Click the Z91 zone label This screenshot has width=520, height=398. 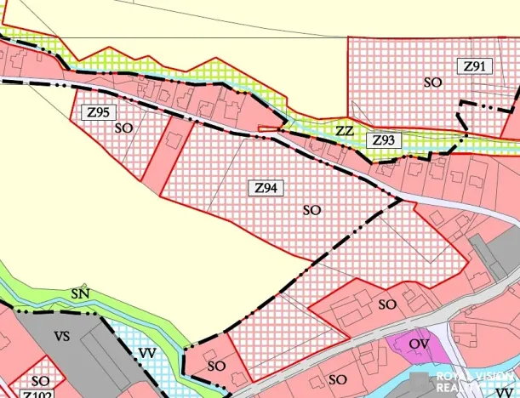[x=473, y=65]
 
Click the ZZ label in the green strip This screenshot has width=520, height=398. [x=344, y=131]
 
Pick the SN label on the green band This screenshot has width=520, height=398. [x=81, y=294]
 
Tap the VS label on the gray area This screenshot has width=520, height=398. [x=61, y=336]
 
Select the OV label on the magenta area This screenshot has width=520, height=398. [x=418, y=344]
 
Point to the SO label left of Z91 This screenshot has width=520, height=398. [x=432, y=82]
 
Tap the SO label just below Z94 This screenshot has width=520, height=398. [x=311, y=208]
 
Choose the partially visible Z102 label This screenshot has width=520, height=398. [x=38, y=394]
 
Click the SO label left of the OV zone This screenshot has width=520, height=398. [x=388, y=304]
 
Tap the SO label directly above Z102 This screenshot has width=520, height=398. [x=40, y=381]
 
